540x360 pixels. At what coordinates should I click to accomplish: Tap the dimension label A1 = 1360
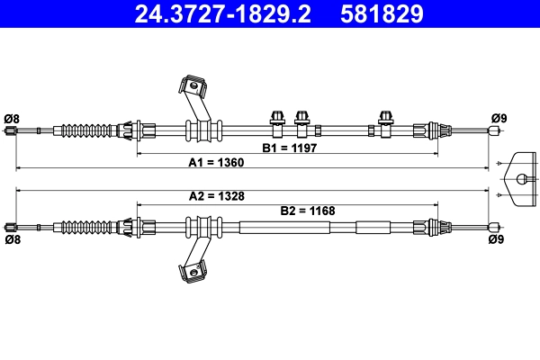point(216,163)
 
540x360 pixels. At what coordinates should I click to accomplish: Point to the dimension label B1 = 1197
point(290,148)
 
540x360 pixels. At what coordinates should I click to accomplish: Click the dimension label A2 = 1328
point(216,195)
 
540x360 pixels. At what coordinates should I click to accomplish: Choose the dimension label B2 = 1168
point(307,211)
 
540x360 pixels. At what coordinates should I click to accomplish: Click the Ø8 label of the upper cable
point(12,118)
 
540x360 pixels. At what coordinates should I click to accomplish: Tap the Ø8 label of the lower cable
point(12,240)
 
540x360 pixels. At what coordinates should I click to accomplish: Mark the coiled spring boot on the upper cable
point(90,130)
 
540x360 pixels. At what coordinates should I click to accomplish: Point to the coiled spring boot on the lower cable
point(90,225)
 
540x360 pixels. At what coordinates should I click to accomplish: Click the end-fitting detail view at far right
point(521,178)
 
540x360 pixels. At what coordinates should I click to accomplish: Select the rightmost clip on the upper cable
point(386,120)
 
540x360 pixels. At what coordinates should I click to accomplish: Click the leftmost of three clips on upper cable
point(277,120)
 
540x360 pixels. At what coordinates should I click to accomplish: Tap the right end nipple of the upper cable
point(492,130)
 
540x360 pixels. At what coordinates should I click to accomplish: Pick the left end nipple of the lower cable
point(11,226)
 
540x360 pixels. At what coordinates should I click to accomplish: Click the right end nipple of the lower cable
point(492,226)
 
